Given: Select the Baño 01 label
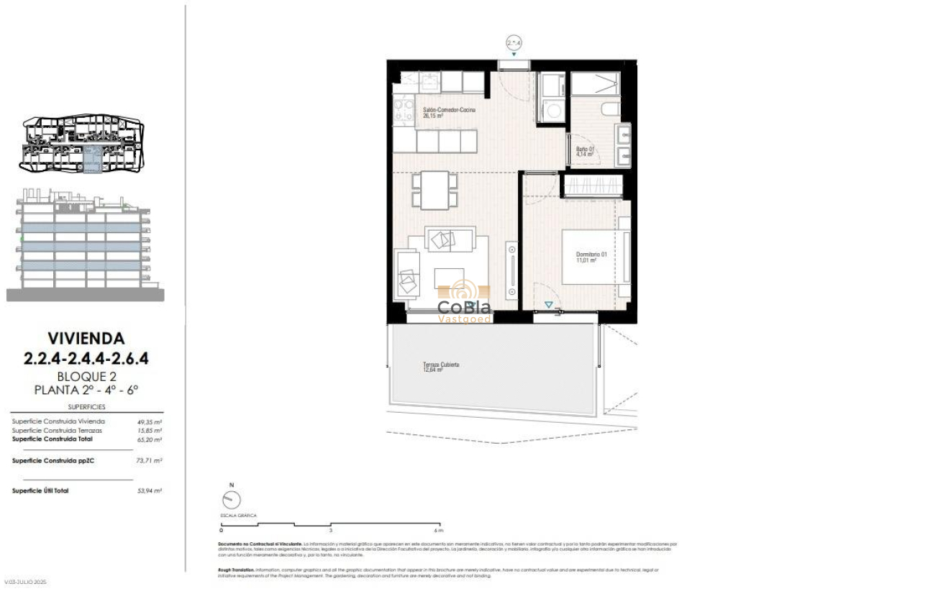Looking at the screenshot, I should [x=584, y=152].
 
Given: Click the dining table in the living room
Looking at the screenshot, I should [x=435, y=190].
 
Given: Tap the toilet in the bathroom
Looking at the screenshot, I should [x=608, y=110].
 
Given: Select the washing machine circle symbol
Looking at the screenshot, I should [x=552, y=111].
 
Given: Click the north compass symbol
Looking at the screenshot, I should [x=232, y=500].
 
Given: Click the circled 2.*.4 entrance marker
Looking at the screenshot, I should [x=514, y=43].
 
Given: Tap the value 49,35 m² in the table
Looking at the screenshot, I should [x=150, y=422].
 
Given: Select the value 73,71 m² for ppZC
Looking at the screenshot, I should [x=150, y=460].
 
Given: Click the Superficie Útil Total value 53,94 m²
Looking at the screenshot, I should [x=150, y=491].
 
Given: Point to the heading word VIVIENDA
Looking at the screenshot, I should [x=86, y=338].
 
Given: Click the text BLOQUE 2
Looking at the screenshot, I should [x=86, y=377].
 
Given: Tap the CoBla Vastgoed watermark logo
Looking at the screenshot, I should [x=465, y=303].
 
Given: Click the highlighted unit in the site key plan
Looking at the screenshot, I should [x=91, y=158].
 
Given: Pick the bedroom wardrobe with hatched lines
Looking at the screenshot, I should [x=591, y=186].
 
